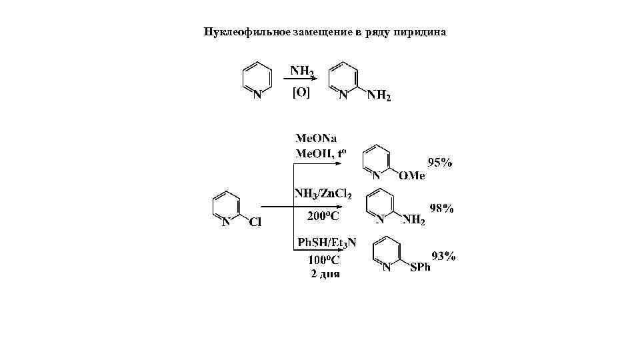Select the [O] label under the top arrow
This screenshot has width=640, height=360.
click(301, 93)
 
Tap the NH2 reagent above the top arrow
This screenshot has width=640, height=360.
click(301, 69)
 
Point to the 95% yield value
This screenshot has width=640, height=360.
click(440, 162)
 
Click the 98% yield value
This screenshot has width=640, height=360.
click(441, 209)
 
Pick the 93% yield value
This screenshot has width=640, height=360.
click(444, 256)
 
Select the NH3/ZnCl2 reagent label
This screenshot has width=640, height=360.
click(323, 193)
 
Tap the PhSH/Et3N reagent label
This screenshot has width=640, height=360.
click(326, 243)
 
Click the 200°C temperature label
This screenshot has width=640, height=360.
click(323, 217)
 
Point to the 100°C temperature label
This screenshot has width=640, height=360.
click(325, 261)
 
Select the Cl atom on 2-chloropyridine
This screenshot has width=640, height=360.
click(255, 223)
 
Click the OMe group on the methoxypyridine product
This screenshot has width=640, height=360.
click(411, 176)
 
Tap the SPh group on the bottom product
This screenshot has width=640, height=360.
click(421, 267)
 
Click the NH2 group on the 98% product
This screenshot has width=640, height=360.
click(413, 221)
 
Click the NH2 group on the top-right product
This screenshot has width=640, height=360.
click(379, 96)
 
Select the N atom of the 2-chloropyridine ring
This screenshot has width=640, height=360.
click(227, 223)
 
